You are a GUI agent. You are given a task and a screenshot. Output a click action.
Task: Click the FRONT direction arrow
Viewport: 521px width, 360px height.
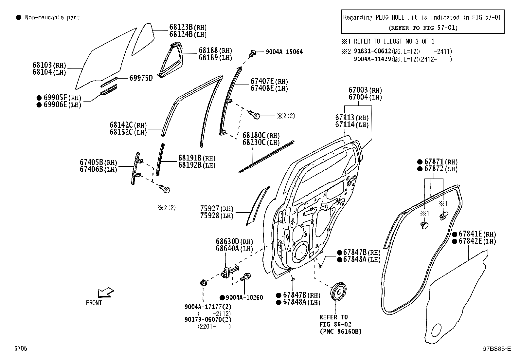pos(105,292)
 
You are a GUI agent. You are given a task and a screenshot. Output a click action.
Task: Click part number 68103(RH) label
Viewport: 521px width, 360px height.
pos(49,65)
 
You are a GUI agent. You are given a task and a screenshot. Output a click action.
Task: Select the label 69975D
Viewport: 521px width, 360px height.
pos(141,78)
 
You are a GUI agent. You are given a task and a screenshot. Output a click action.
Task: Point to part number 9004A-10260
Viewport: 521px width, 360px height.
pos(244,297)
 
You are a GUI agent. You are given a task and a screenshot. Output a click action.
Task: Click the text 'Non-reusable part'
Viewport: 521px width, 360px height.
pos(52,17)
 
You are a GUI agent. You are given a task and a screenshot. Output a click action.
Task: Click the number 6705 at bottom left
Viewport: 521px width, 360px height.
pos(21,349)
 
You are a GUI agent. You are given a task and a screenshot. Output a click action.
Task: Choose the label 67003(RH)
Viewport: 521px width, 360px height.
pos(365,90)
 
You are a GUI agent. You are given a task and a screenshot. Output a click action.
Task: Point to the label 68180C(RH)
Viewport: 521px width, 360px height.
pos(261,135)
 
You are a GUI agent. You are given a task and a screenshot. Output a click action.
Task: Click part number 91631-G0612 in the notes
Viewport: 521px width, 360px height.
pos(372,51)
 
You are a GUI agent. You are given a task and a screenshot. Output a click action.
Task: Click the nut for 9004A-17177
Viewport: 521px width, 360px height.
pos(203,282)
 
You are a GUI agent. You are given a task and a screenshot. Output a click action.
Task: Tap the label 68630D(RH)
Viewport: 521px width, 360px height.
pos(234,242)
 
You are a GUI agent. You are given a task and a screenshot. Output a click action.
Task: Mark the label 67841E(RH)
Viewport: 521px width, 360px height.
pos(477,234)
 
